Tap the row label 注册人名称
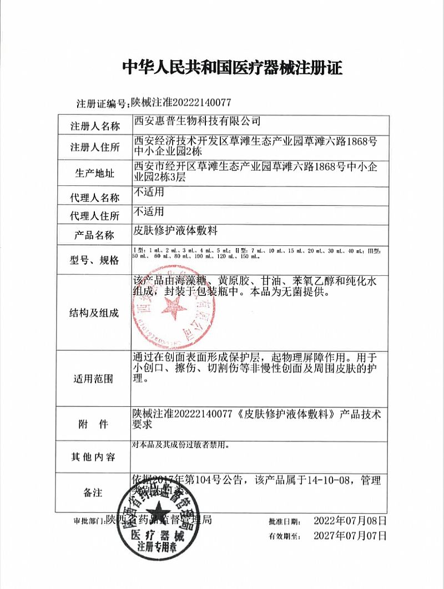[x=94, y=126]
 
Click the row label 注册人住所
[x=94, y=147]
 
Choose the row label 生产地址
[x=94, y=173]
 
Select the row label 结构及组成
[x=94, y=313]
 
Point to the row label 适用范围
[x=94, y=379]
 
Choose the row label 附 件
[x=94, y=425]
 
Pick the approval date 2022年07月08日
[x=349, y=521]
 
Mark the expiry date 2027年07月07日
[x=349, y=536]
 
